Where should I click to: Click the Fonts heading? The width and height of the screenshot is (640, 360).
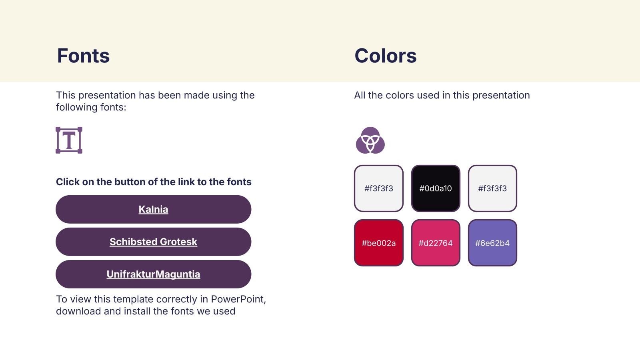pos(83,56)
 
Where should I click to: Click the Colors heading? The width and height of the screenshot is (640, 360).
pos(386,56)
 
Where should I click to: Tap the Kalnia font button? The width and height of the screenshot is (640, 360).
pos(154,210)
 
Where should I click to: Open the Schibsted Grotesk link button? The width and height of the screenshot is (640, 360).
pos(154,242)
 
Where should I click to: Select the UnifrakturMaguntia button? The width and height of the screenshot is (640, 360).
pos(154,274)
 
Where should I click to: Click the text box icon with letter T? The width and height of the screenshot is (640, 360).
pos(69,140)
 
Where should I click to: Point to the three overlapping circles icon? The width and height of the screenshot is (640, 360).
pos(370,140)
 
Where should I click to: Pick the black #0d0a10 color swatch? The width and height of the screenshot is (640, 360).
pos(436,188)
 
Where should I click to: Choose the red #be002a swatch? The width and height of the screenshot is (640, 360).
pos(379,243)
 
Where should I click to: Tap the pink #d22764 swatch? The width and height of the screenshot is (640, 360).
pos(436,243)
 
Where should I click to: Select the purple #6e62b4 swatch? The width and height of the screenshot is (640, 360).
pos(492,243)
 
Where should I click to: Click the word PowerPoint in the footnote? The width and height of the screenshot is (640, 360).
pos(238,299)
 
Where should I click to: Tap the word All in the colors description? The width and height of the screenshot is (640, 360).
pos(360,95)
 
